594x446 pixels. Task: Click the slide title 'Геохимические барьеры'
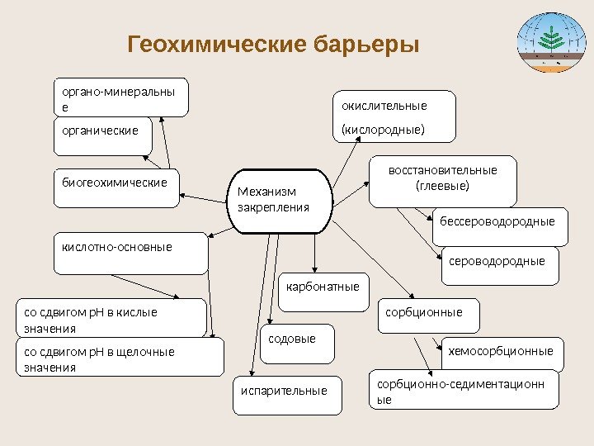273,43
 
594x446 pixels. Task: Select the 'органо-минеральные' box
120,97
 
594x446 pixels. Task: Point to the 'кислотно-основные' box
130,254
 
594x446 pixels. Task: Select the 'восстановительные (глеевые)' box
442,180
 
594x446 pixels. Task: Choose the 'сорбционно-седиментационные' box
463,392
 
